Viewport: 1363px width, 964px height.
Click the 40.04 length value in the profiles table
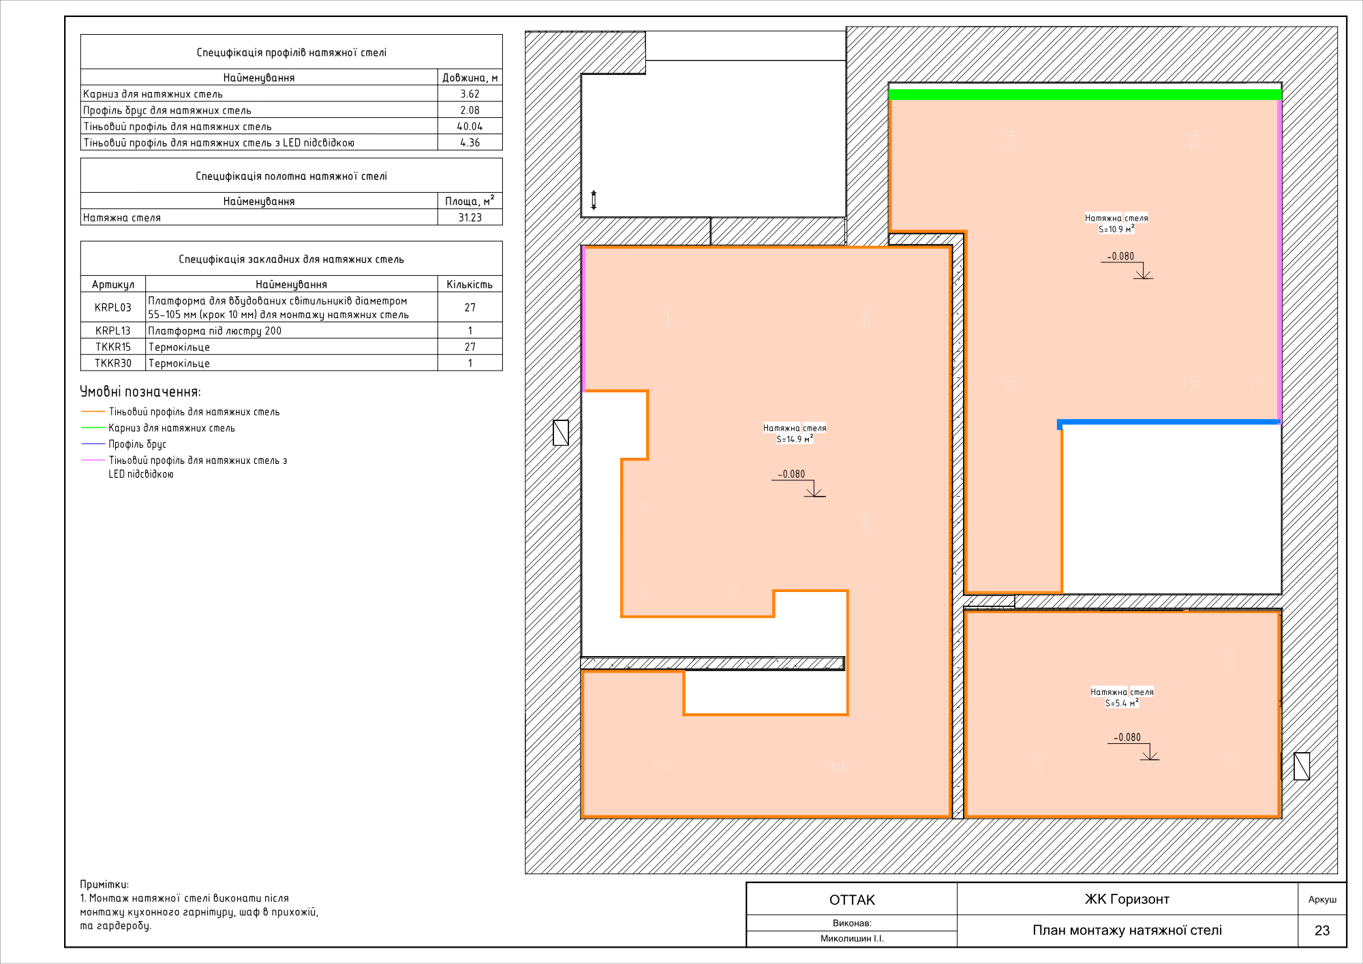pyautogui.click(x=470, y=126)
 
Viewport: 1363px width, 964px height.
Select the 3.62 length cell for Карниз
pyautogui.click(x=470, y=94)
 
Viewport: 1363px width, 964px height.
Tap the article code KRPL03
pyautogui.click(x=113, y=307)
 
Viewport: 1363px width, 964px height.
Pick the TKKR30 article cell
pyautogui.click(x=113, y=363)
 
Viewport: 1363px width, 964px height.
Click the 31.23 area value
pyautogui.click(x=470, y=217)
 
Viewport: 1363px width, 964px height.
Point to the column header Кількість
pyautogui.click(x=470, y=284)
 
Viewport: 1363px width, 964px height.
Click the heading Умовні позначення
pyautogui.click(x=140, y=392)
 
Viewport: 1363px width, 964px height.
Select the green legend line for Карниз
pyautogui.click(x=93, y=428)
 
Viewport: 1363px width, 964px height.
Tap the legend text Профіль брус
pyautogui.click(x=138, y=444)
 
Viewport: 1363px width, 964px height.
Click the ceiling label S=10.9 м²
pyautogui.click(x=1116, y=229)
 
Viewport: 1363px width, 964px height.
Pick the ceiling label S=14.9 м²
pyautogui.click(x=795, y=439)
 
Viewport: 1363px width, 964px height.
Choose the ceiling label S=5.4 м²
pyautogui.click(x=1122, y=703)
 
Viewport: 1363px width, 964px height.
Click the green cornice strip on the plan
pyautogui.click(x=1085, y=95)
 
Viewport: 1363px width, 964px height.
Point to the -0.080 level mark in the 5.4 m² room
pyautogui.click(x=1127, y=737)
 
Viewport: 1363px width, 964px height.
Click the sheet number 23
pyautogui.click(x=1322, y=931)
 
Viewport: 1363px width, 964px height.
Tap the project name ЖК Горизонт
pyautogui.click(x=1127, y=899)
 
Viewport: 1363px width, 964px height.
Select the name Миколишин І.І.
pyautogui.click(x=852, y=939)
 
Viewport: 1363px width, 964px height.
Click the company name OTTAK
pyautogui.click(x=852, y=900)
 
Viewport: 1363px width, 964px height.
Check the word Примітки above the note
pyautogui.click(x=104, y=884)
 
